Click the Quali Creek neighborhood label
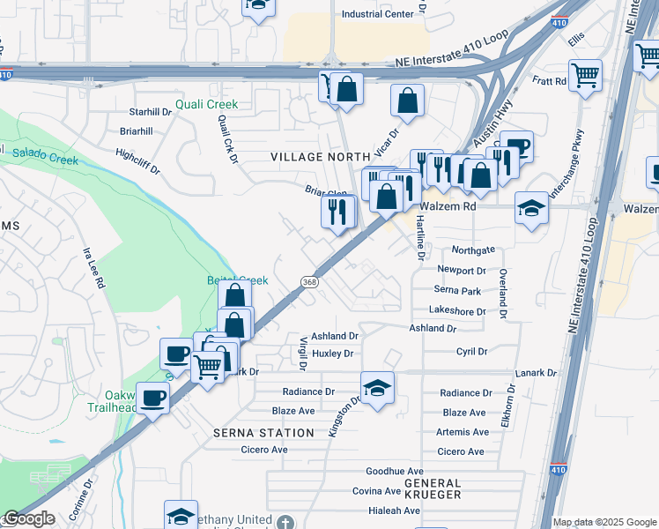pos(206,104)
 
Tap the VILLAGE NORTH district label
pos(320,157)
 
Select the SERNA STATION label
pos(263,433)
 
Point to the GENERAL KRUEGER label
pos(433,488)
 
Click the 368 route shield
pos(308,282)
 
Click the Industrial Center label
pos(377,14)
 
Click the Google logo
pos(28,518)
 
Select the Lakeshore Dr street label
pos(458,311)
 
